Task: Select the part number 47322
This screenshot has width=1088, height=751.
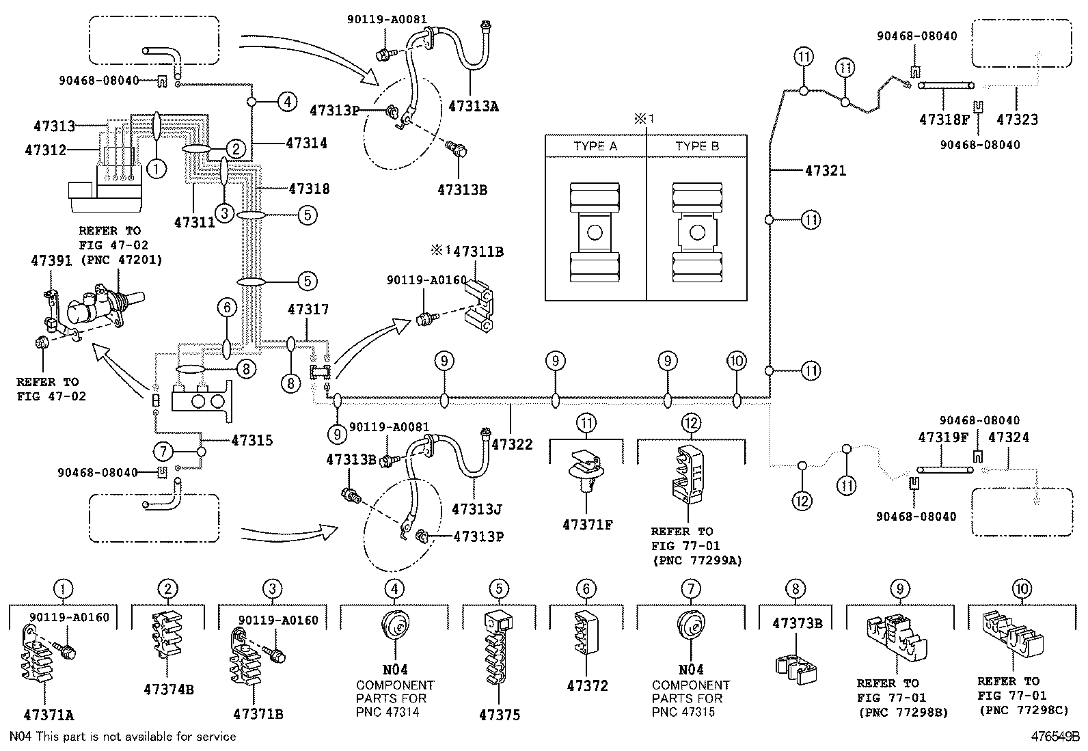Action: tap(512, 444)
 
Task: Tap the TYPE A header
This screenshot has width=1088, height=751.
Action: tap(595, 146)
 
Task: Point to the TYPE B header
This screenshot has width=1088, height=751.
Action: tap(697, 146)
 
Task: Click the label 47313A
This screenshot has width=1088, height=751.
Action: tap(474, 106)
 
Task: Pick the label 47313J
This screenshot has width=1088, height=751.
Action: tap(477, 509)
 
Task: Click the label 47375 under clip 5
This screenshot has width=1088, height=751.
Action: tap(499, 715)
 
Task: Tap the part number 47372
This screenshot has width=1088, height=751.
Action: tap(587, 685)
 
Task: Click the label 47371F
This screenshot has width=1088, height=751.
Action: tap(587, 525)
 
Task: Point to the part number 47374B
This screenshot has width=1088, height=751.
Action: tap(168, 689)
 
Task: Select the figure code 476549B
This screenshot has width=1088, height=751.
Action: tap(1055, 737)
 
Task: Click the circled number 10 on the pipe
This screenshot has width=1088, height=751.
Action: tap(736, 361)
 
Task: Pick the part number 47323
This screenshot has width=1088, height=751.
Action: tap(1017, 120)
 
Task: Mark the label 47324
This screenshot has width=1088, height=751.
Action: tap(1009, 437)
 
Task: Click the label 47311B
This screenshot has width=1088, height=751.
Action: tap(478, 251)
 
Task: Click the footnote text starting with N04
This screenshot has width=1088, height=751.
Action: tap(122, 737)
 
